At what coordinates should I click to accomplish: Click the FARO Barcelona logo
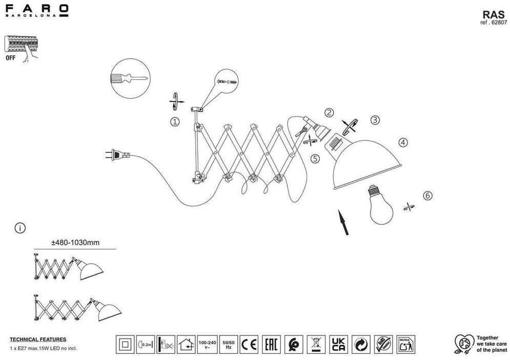click(36, 10)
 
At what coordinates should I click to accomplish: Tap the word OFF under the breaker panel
click(11, 58)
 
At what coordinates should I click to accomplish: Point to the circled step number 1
click(175, 122)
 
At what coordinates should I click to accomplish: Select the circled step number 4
click(403, 143)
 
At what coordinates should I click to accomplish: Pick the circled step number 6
click(428, 195)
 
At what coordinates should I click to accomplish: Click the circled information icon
click(19, 228)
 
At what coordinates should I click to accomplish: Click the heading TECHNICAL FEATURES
click(38, 340)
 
